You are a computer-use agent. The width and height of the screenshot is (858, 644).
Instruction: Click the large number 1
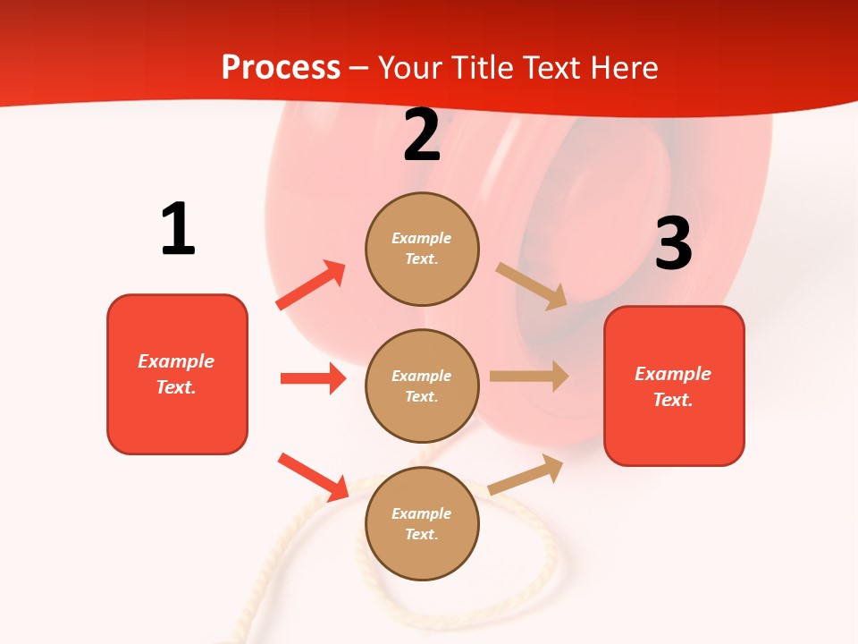point(178,229)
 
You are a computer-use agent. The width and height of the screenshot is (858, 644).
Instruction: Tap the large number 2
point(422,136)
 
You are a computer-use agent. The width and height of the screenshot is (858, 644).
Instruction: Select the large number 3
point(673,243)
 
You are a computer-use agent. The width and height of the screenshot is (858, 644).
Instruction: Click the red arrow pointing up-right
point(311,285)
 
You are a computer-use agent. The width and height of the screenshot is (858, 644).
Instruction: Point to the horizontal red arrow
point(313,378)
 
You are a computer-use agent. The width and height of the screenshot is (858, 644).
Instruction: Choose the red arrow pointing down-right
point(313,477)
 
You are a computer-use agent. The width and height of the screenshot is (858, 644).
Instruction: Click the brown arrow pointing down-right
point(532,285)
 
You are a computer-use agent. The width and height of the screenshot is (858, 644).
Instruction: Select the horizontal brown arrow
point(529,377)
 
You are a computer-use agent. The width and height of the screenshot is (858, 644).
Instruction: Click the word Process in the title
point(281,67)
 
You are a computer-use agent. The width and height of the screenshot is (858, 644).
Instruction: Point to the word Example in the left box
point(176,361)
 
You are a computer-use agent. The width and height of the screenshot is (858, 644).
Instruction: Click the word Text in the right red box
point(672,400)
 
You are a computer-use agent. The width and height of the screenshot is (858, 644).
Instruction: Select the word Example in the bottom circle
point(421,513)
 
